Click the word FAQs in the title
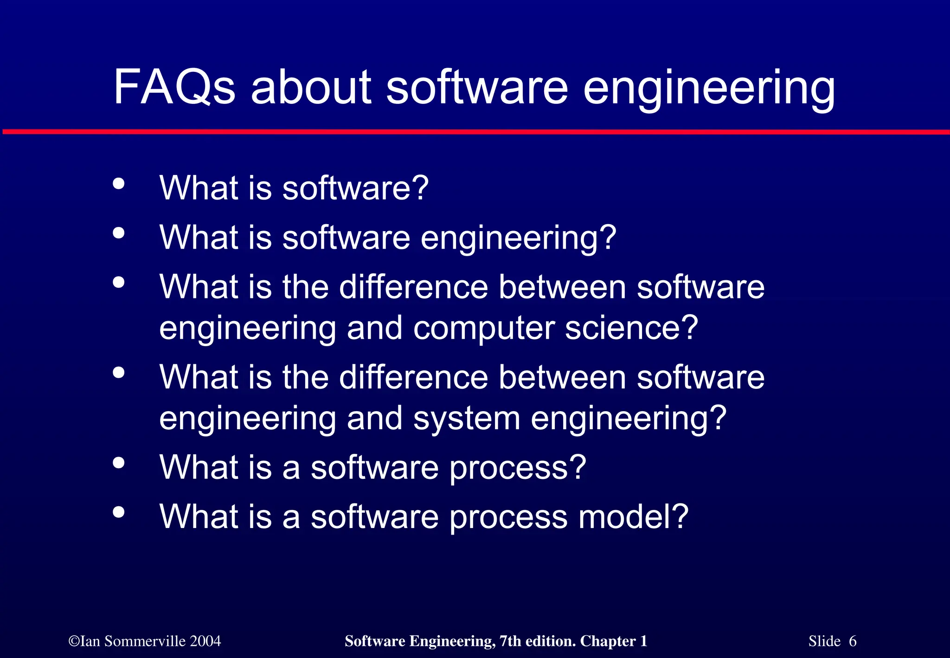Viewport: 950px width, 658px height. click(174, 87)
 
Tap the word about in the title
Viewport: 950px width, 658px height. click(311, 87)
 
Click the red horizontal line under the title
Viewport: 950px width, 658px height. click(475, 132)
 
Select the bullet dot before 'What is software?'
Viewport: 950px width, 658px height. click(119, 183)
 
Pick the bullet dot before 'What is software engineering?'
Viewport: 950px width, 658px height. click(119, 232)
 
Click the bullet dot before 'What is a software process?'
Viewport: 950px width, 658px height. click(119, 462)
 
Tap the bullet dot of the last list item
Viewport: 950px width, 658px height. click(119, 512)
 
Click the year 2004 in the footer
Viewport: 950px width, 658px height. click(205, 641)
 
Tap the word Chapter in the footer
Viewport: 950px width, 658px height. click(608, 641)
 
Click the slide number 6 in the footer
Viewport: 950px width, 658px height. click(852, 641)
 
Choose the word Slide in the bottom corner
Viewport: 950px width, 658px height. click(824, 641)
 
